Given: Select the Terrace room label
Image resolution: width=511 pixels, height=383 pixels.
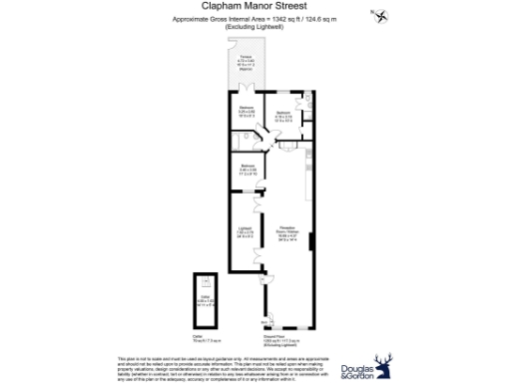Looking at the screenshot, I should [246, 64].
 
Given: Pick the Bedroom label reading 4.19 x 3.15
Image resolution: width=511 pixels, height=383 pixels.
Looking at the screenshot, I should [282, 116].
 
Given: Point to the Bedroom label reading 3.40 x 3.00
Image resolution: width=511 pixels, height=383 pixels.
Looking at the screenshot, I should [247, 169].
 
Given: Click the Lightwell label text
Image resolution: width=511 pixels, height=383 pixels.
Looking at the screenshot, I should [245, 230].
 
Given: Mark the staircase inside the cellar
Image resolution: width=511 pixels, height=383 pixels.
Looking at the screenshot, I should [207, 281].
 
